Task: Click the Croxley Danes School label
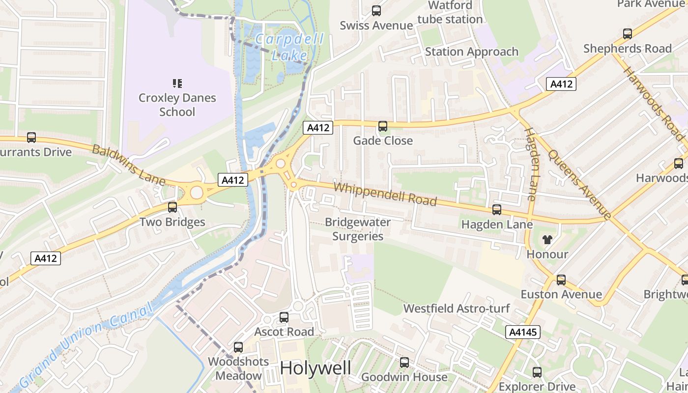tap(177, 105)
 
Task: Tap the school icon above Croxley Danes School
tap(177, 83)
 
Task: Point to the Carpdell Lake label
tap(290, 47)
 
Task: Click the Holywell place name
tap(315, 368)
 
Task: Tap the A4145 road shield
tap(523, 333)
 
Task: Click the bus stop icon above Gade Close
tap(383, 126)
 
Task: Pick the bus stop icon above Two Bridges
tap(172, 207)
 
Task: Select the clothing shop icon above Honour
tap(547, 240)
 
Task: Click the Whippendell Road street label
tap(385, 194)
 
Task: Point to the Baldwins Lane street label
tap(129, 165)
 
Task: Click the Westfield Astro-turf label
tap(456, 309)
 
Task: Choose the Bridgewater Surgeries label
tap(358, 229)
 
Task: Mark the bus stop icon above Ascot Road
tap(284, 317)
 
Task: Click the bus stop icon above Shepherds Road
tap(628, 34)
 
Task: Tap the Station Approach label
tap(471, 52)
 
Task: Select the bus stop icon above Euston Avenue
tap(561, 280)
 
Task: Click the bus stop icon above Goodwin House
tap(404, 363)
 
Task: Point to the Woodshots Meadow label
tap(238, 368)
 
